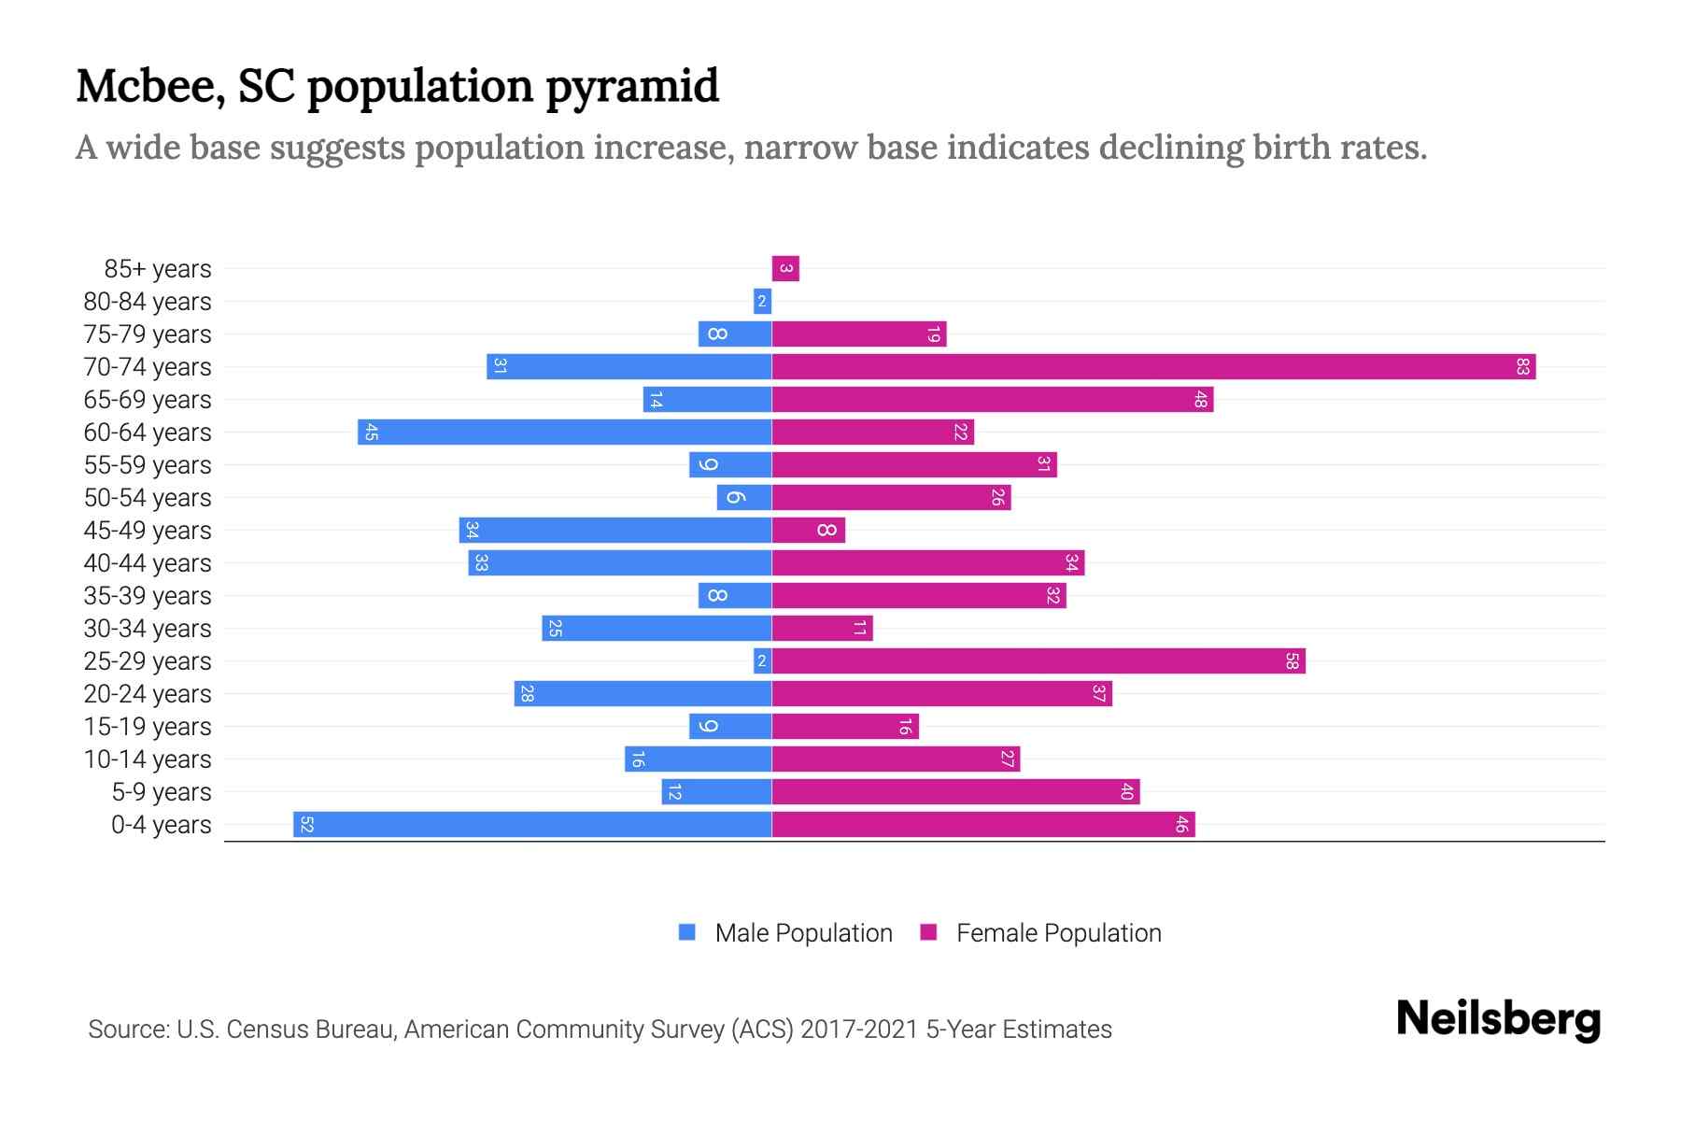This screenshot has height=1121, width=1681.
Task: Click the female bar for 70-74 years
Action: pos(1153,367)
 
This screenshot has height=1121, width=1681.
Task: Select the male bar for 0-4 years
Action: pos(532,825)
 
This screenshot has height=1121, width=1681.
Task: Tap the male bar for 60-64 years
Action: pos(565,433)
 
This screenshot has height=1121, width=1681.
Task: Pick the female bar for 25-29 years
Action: pos(1038,661)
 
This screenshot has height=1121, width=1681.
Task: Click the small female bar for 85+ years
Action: pos(785,269)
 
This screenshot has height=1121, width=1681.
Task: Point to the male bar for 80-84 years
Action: pos(762,302)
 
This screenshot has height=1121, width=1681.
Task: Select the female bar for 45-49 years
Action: pos(809,531)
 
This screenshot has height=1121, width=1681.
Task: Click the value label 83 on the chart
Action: pos(1522,367)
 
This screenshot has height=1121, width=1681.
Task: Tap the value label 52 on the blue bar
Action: pos(306,825)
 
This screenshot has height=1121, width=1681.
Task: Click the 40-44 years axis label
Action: pos(148,563)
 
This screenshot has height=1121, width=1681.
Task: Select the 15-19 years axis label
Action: pos(148,727)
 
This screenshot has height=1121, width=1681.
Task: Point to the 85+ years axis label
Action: pos(158,269)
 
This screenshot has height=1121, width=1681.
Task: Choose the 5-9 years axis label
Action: pos(162,792)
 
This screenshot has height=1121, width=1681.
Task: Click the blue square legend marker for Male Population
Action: pos(687,932)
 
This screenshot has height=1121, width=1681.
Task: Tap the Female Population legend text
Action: pos(1058,932)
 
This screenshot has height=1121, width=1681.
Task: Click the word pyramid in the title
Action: pos(632,87)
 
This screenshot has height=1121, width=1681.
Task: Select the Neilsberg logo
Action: pos(1498,1019)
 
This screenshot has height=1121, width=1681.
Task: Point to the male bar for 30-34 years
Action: pos(657,629)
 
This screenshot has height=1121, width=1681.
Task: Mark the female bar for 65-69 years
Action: pos(992,400)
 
